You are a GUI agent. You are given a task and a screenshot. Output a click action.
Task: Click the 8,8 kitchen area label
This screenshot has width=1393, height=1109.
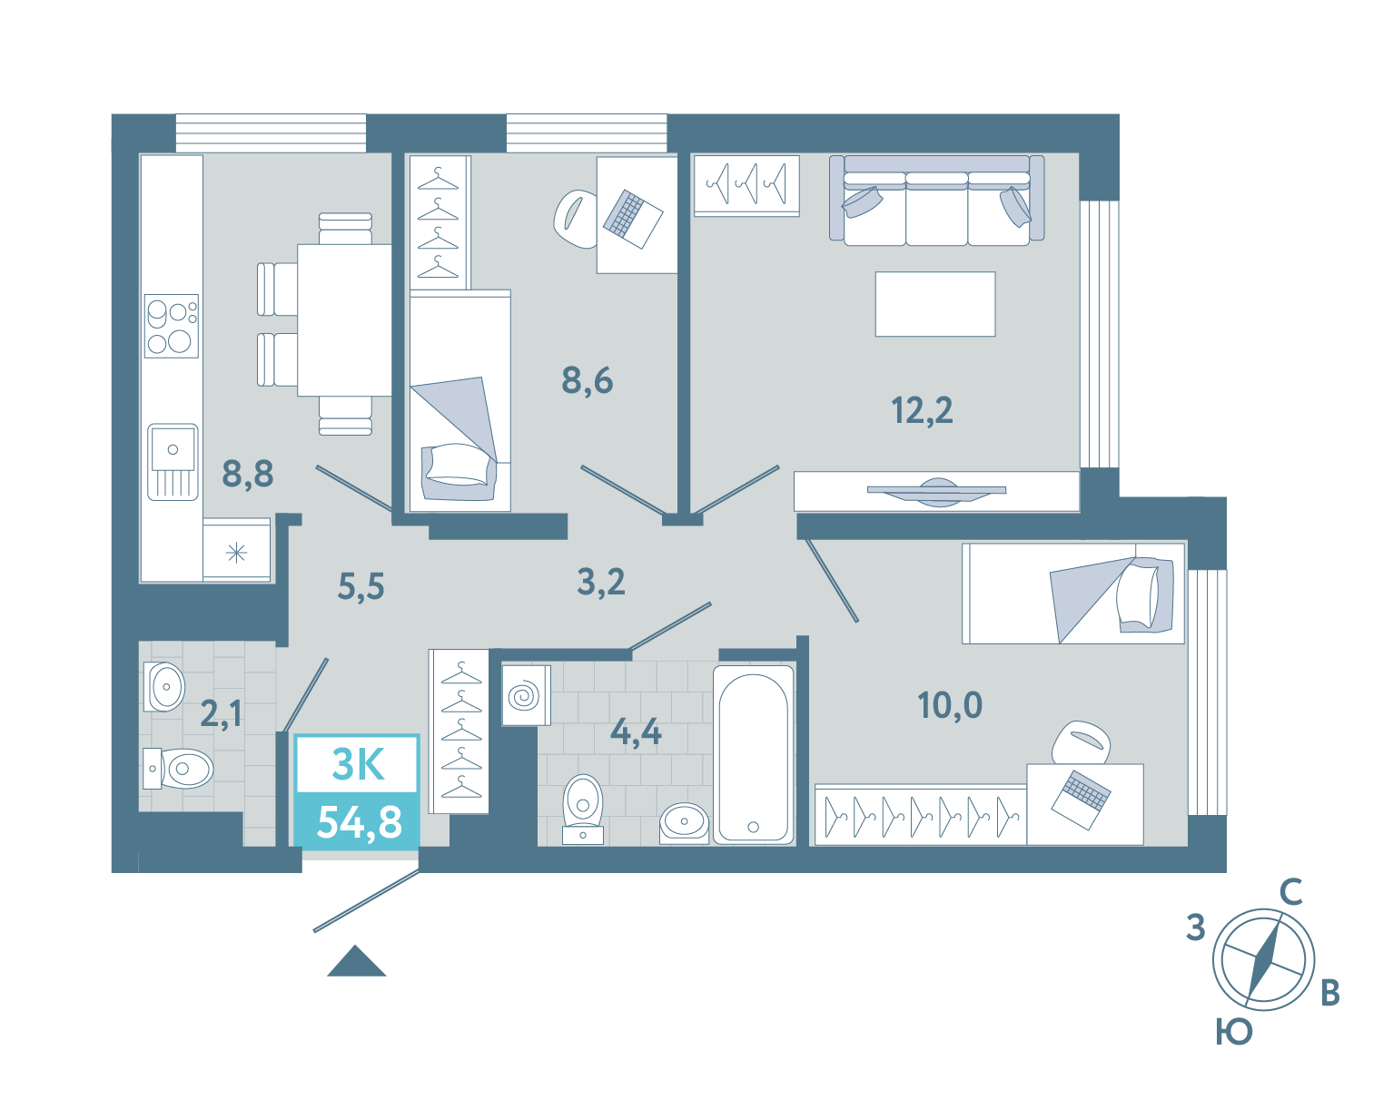click(x=247, y=474)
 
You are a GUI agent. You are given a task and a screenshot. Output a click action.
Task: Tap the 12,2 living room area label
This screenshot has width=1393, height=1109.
click(x=922, y=410)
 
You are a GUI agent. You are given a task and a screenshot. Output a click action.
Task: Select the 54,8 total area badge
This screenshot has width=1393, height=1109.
click(x=358, y=821)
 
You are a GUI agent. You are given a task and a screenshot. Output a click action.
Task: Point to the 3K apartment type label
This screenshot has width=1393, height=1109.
click(x=358, y=764)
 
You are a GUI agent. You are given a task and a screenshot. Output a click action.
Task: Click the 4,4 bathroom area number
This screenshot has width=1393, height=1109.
click(x=636, y=731)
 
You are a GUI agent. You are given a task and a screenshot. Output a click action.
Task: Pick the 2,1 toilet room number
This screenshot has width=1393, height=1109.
click(x=221, y=714)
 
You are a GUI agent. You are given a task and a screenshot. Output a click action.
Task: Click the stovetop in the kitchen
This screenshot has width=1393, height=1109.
click(x=172, y=326)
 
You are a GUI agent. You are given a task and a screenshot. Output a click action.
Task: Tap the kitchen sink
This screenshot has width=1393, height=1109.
click(x=173, y=462)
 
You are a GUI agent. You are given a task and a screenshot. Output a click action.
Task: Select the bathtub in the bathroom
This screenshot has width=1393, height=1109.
click(x=754, y=755)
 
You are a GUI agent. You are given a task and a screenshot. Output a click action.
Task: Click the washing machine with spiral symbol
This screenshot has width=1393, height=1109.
click(x=527, y=695)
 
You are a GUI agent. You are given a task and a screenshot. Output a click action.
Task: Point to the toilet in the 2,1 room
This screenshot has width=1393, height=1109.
click(x=179, y=769)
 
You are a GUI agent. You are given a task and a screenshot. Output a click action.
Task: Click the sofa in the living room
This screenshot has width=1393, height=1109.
click(x=936, y=200)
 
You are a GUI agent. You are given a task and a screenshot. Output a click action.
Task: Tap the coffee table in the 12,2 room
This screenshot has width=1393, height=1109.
click(x=935, y=304)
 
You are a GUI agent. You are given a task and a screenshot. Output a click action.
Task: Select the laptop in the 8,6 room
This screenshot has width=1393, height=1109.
click(x=632, y=219)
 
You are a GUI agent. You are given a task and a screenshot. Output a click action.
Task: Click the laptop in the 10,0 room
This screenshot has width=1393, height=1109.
click(x=1081, y=800)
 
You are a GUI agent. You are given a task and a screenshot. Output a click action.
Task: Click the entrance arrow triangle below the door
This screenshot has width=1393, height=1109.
click(x=357, y=961)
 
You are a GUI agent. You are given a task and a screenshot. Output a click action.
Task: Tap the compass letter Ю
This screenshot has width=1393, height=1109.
click(x=1234, y=1032)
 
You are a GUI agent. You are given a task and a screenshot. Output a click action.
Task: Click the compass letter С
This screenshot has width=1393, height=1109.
click(x=1290, y=892)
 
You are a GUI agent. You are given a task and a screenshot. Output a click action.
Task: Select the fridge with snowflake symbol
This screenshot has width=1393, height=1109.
click(x=236, y=551)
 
